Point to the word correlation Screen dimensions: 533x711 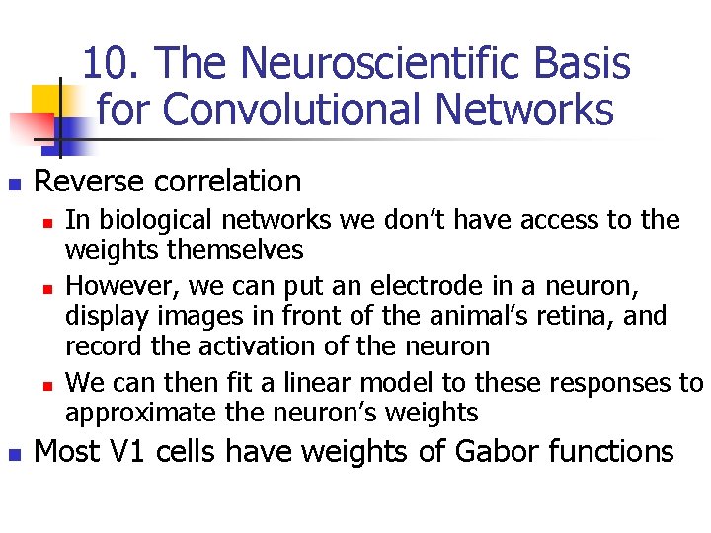[227, 182]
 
